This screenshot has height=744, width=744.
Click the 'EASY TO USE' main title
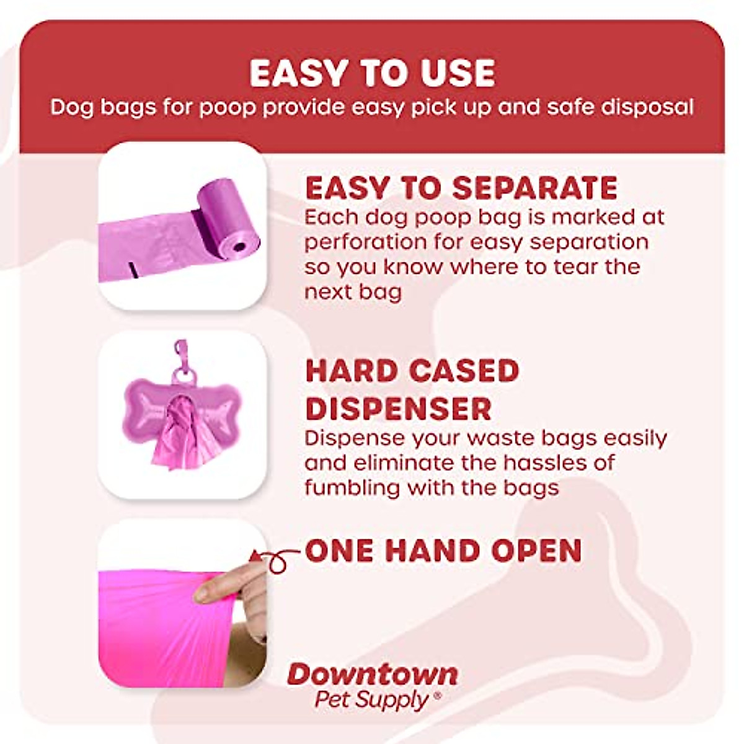[x=372, y=73]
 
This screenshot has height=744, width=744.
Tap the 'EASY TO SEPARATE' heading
[x=461, y=188]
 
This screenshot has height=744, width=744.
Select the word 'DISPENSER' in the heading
[x=399, y=409]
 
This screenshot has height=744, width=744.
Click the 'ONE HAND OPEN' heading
[x=443, y=551]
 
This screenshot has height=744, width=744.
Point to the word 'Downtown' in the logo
[x=373, y=674]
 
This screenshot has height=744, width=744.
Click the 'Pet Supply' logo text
[x=371, y=700]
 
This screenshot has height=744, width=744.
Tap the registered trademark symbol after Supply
[x=438, y=696]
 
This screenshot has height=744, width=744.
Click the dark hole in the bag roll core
[x=239, y=247]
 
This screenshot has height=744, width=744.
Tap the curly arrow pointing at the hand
[x=276, y=559]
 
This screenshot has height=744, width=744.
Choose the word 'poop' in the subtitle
[x=227, y=108]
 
